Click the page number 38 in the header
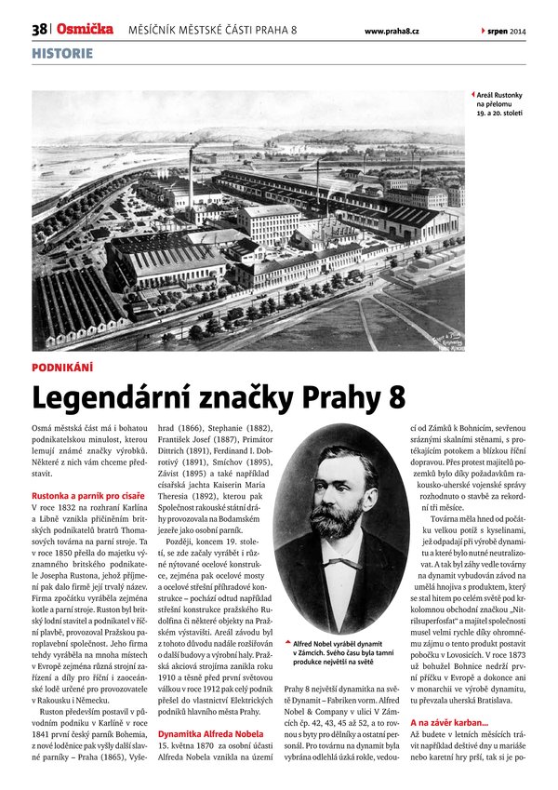39,30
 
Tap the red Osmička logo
85,30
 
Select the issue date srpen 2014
505,31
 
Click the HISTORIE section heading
62,53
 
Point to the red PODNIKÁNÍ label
62,368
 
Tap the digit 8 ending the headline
396,397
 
